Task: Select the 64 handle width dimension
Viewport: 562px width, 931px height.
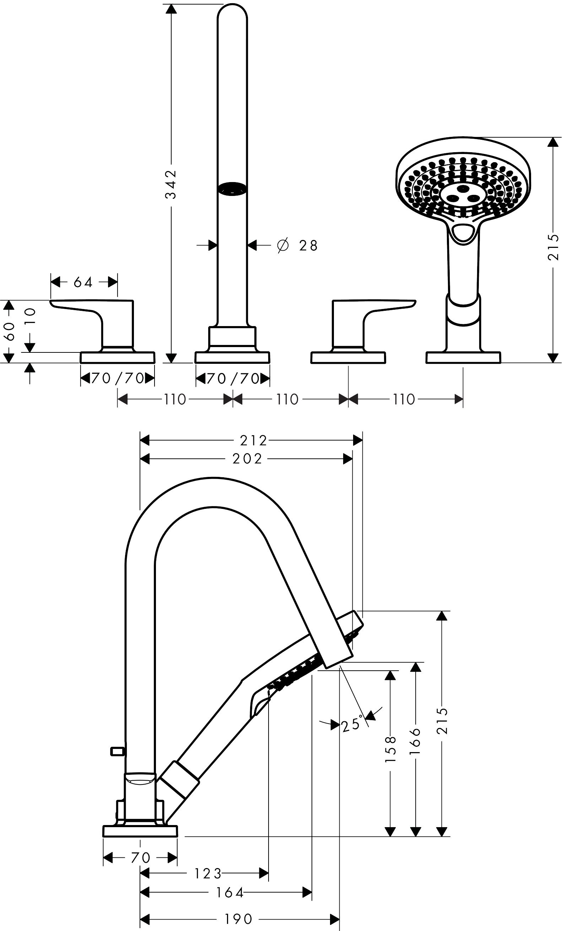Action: [83, 282]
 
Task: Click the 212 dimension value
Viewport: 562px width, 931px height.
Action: [253, 440]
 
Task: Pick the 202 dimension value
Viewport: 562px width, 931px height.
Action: [247, 459]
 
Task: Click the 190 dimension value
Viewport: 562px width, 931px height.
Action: [238, 919]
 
